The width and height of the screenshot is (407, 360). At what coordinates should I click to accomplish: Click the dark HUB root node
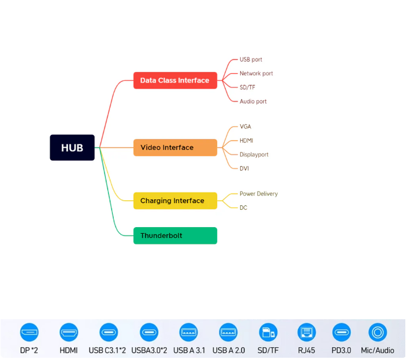(x=72, y=148)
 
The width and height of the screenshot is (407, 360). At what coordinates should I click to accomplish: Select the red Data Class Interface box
(x=175, y=80)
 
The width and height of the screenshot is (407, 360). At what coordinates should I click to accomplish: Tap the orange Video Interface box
(x=175, y=147)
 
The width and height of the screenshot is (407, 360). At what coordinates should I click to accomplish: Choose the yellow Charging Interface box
(x=175, y=201)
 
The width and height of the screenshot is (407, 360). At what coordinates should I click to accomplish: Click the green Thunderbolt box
(x=175, y=236)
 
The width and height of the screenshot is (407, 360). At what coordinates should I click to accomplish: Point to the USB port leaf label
(x=251, y=60)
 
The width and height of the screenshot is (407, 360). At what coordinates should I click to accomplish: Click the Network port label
(x=256, y=74)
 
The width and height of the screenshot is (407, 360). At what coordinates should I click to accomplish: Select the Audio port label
(x=253, y=102)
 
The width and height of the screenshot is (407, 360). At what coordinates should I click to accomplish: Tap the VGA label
(x=245, y=127)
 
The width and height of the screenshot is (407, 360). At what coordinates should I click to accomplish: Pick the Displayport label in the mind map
(x=254, y=155)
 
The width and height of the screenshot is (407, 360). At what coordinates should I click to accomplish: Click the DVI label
(x=245, y=169)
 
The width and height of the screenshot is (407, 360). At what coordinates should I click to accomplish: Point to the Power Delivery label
(x=258, y=194)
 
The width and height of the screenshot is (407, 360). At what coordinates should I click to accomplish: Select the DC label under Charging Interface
(x=243, y=208)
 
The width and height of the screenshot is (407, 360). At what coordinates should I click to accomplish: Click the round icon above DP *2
(x=29, y=332)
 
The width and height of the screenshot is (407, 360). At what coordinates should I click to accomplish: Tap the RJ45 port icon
(x=307, y=332)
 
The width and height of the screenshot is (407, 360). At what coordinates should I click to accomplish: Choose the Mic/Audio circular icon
(x=377, y=332)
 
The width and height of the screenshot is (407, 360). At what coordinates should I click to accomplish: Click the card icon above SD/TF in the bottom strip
(x=268, y=332)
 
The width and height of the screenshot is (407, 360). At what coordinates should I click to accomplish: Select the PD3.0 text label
(x=342, y=351)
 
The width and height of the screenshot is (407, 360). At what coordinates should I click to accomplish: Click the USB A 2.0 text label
(x=228, y=351)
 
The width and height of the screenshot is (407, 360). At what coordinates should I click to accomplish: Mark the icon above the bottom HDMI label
(x=69, y=332)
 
